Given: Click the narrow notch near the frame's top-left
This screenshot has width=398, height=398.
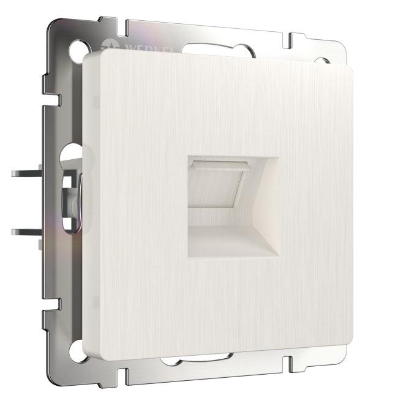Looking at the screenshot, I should (x=126, y=28).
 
